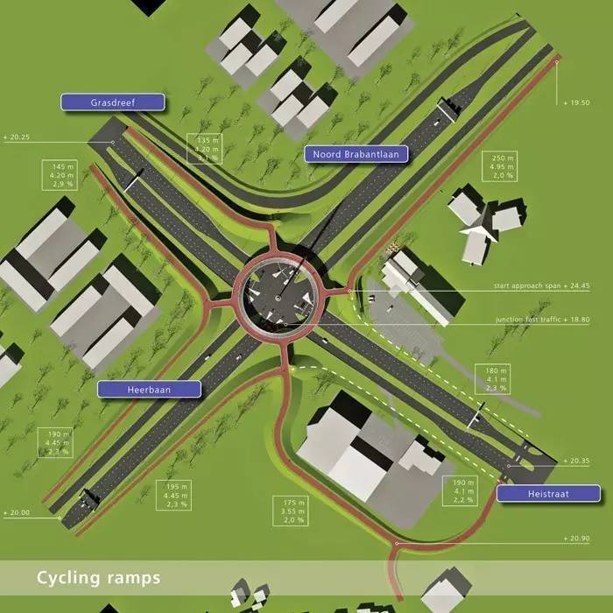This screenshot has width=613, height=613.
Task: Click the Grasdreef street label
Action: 112,102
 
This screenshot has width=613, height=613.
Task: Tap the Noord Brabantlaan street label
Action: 356,154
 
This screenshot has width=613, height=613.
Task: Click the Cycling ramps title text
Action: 98,578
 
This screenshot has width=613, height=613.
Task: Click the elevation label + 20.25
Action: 18,137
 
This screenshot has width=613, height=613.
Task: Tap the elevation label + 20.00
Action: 18,512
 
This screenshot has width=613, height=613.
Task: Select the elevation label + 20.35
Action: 578,461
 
